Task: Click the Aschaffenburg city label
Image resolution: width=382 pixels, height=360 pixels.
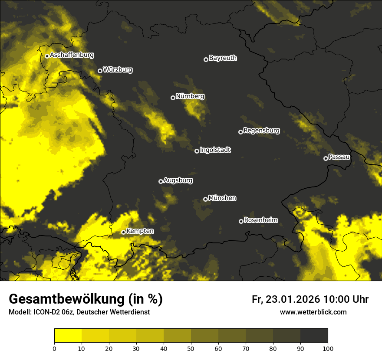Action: click(72, 55)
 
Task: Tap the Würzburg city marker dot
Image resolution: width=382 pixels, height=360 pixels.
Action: click(100, 71)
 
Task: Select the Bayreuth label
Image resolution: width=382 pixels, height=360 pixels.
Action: click(223, 58)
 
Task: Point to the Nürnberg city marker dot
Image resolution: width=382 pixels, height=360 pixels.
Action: click(173, 98)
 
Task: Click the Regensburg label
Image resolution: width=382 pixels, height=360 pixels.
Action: click(261, 131)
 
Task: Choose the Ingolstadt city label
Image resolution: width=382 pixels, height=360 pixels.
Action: click(215, 150)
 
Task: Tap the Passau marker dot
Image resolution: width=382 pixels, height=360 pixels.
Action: click(326, 158)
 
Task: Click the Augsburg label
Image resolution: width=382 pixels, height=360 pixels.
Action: click(178, 180)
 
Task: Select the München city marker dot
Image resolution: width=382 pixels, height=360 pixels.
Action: click(206, 200)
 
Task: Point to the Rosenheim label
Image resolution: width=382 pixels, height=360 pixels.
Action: click(260, 220)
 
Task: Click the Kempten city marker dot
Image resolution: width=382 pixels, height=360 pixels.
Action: click(124, 232)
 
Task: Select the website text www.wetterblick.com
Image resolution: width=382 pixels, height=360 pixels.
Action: click(313, 312)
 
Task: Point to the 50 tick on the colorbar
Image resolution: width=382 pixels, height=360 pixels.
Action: click(191, 348)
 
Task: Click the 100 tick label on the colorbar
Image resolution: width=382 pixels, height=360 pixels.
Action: click(327, 348)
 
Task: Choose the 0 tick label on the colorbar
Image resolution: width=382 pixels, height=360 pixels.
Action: click(55, 348)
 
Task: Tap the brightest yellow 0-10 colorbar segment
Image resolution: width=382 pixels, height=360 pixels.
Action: click(68, 336)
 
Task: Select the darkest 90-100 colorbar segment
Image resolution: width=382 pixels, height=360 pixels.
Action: click(314, 336)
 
